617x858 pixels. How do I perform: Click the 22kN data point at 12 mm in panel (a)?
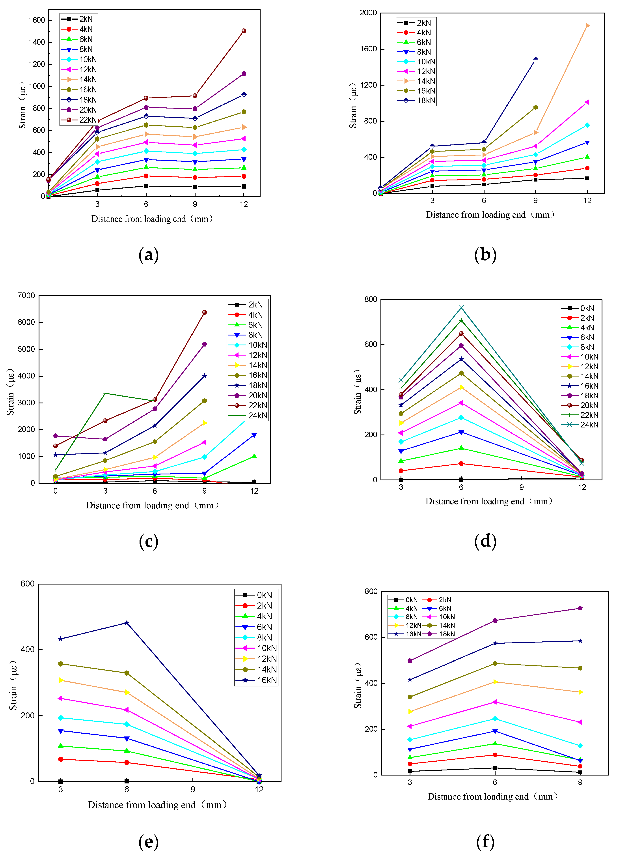[244, 31]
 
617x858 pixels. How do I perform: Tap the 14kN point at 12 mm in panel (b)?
[587, 26]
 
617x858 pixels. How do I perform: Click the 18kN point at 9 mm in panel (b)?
[535, 59]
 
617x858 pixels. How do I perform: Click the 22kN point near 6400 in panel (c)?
[205, 313]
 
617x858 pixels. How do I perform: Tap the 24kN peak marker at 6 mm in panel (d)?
[461, 307]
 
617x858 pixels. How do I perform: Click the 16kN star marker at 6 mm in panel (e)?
[127, 623]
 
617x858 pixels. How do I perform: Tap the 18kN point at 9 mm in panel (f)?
[580, 608]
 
